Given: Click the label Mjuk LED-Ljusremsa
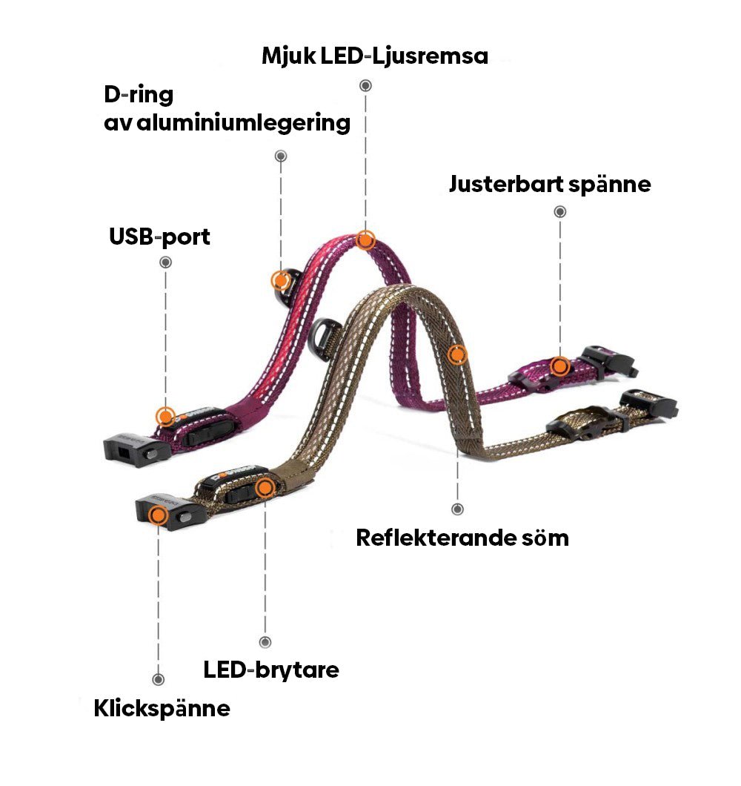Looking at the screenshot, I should click(x=375, y=56).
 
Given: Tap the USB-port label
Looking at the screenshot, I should click(x=159, y=237).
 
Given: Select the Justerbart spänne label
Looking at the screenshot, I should click(x=549, y=183).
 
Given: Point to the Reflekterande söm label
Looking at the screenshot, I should click(x=462, y=537).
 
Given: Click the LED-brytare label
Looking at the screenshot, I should click(x=271, y=670).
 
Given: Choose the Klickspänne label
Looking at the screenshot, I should click(x=162, y=708).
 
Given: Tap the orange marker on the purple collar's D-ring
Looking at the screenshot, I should click(x=280, y=280).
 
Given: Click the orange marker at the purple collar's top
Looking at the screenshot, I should click(x=365, y=240).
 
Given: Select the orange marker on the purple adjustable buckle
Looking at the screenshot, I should click(x=560, y=365).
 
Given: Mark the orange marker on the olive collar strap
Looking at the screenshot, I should click(x=458, y=354).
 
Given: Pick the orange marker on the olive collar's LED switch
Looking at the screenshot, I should click(x=265, y=487).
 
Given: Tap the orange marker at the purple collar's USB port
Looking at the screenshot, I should click(x=165, y=416).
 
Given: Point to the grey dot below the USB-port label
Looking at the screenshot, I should click(x=166, y=262).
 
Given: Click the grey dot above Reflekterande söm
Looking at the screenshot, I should click(x=457, y=509).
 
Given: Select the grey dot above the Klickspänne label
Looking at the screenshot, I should click(x=158, y=679).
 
